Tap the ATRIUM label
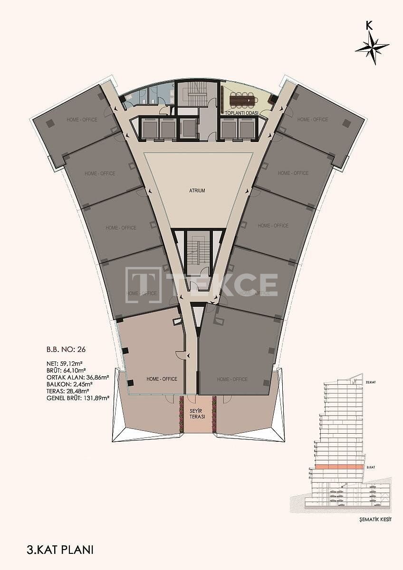coord(197,191)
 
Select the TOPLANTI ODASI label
coord(241,113)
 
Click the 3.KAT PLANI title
coord(60,550)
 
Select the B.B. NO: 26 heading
coord(66,349)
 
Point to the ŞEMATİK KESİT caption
coord(375,520)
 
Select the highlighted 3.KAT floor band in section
coord(337,467)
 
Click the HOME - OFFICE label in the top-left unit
coord(82,120)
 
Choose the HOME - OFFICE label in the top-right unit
coord(312,120)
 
